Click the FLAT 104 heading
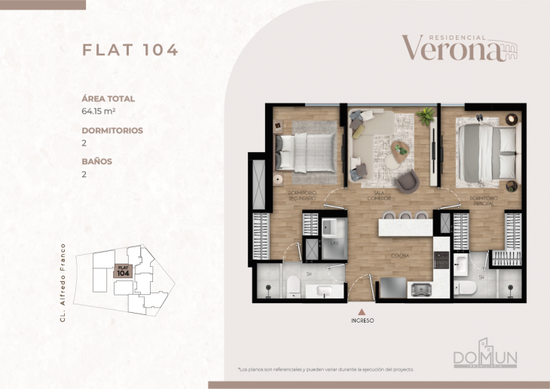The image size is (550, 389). point(130,51)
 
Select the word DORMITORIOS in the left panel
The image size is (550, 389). point(112,130)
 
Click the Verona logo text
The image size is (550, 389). point(451,49)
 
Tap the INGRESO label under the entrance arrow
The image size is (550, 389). point(362,320)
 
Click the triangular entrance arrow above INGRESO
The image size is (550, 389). point(362,309)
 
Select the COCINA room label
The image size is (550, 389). point(399,256)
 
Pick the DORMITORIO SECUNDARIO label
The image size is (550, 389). point(302,195)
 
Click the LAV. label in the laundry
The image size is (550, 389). point(333,244)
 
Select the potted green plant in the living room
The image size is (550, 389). point(426,116)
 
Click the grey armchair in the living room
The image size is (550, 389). point(407,181)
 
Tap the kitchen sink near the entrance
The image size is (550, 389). point(419,288)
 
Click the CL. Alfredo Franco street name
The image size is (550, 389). point(64,283)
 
